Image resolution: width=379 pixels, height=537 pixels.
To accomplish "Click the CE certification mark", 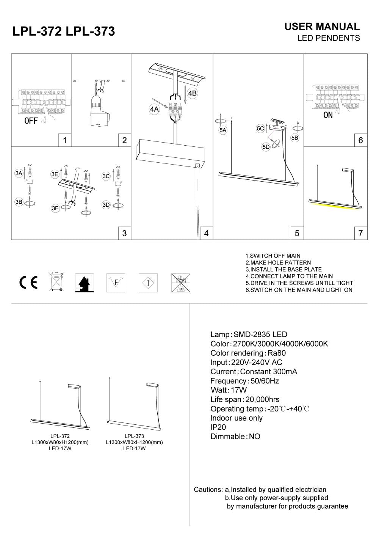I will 28,283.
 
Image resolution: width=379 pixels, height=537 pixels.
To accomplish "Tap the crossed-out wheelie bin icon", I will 56,282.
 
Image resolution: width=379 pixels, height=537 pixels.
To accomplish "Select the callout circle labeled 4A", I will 154,110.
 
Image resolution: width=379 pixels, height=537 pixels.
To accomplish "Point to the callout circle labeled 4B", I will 193,93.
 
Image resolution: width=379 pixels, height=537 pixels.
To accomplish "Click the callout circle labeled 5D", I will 266,147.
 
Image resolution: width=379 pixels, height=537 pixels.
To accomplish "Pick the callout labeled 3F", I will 55,208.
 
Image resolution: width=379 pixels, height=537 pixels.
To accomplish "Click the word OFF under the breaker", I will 31,121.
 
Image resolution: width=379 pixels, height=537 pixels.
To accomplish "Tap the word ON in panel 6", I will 328,115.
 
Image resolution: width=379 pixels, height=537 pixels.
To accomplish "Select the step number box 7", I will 360,233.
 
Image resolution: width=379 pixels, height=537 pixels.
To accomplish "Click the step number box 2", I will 124,140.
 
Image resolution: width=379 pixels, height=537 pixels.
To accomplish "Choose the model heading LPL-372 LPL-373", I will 64,31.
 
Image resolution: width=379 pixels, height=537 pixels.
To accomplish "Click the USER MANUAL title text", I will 322,27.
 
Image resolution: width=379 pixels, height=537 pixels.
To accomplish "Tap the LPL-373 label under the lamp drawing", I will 134,436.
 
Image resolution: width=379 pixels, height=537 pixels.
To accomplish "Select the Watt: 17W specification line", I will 229,390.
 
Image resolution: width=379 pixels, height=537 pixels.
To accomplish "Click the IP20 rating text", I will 218,427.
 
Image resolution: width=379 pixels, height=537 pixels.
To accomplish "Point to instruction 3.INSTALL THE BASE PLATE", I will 283,269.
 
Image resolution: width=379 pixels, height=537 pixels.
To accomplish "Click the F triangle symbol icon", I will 116,283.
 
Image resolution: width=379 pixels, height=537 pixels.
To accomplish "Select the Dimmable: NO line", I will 235,437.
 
